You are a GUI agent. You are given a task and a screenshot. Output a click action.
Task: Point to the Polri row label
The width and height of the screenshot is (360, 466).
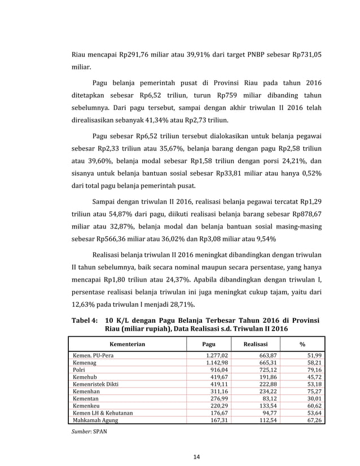point(78,369)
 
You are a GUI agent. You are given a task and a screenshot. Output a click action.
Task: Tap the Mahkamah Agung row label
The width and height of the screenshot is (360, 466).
point(94,420)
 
